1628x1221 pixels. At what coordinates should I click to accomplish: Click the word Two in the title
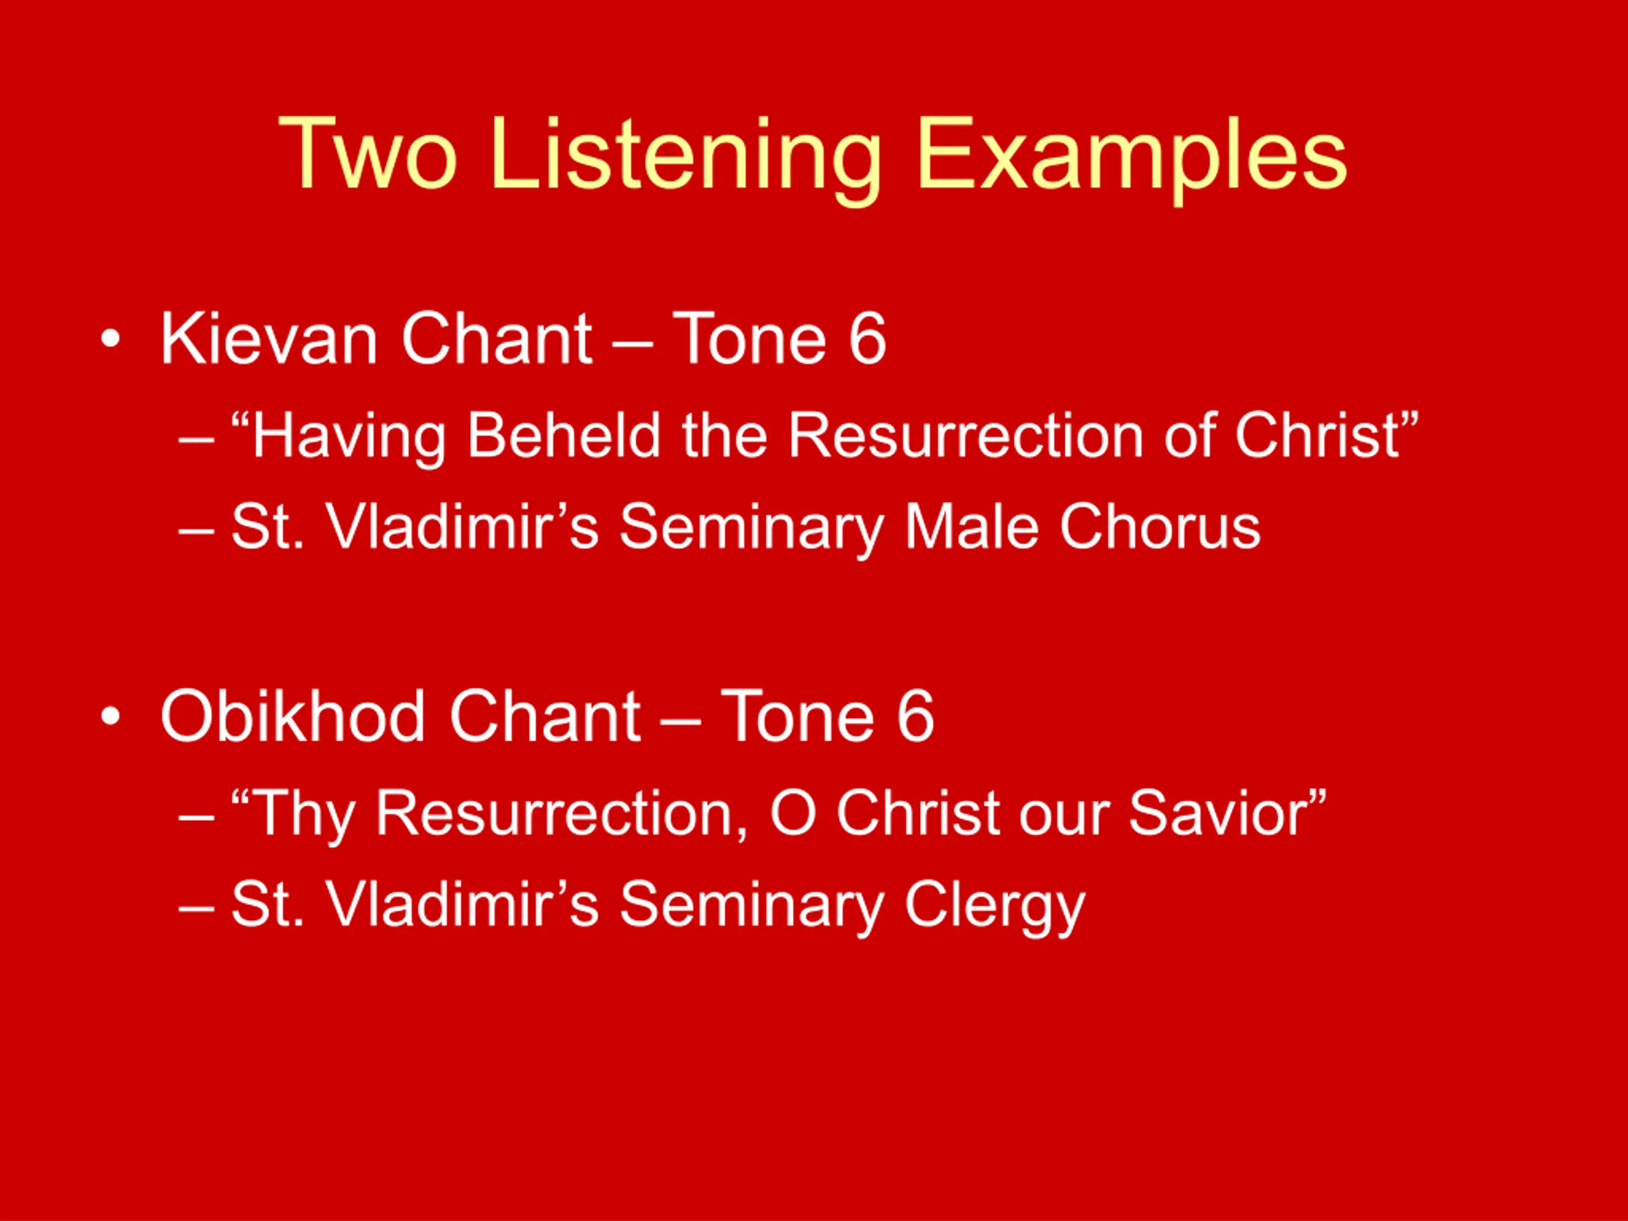[368, 155]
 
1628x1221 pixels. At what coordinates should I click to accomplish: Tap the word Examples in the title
[1132, 160]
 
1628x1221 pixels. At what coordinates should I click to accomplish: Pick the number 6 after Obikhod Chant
[915, 716]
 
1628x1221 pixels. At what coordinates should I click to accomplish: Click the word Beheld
[564, 435]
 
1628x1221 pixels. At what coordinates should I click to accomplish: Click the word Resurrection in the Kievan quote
[965, 435]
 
